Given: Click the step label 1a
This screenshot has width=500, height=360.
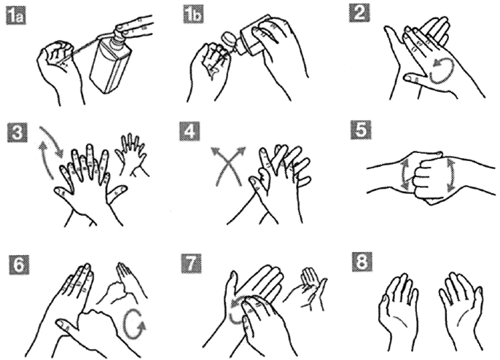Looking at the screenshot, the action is pos(16,16).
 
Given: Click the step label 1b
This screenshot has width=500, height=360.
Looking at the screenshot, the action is pos(193,15).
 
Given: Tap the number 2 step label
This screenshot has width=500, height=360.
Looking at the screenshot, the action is pos(359,13).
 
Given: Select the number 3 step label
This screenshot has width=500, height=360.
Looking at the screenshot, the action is pos(17,132).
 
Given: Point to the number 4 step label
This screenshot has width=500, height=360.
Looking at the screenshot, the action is pos(190,130).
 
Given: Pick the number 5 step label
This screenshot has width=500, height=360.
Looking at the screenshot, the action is pos(360,130).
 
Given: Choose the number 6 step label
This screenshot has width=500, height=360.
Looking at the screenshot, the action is pos(18,264).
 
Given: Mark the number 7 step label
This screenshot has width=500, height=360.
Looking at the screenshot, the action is pos(191,263).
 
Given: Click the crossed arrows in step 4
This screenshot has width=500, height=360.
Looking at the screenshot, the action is pos(229,166).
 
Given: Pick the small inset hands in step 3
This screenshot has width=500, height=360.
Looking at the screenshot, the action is pos(131,154).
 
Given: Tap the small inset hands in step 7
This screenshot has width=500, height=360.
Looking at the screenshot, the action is pos(305,289).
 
